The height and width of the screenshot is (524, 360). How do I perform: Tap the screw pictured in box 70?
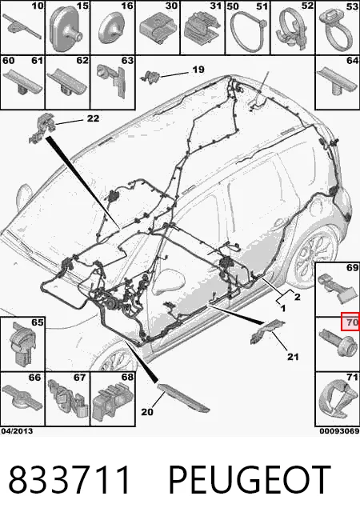335,344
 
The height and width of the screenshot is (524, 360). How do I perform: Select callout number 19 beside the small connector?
198,70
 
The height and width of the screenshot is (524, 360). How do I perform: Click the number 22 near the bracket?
93,118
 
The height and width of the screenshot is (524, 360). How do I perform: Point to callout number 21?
293,357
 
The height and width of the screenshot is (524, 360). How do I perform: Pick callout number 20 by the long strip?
147,412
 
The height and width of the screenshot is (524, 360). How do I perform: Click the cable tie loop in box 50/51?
248,33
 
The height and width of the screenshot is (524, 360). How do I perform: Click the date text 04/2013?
17,431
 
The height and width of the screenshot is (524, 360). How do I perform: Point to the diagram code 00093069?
339,431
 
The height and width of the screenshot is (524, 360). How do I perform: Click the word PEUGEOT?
250,480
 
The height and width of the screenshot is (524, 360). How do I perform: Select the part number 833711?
69,480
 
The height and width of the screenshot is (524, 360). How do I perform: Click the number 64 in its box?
352,61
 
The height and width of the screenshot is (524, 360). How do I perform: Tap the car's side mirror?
24,195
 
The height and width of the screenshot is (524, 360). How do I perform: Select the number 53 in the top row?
352,6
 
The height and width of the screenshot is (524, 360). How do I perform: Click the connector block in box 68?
113,403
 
